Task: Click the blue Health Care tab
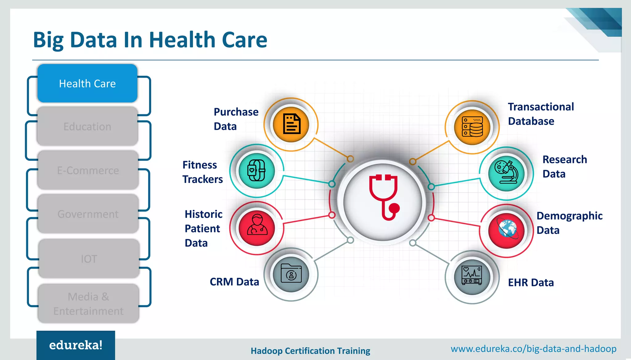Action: click(x=87, y=83)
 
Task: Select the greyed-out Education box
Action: click(x=87, y=127)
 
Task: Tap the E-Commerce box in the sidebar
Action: click(x=88, y=170)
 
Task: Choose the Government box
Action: click(x=88, y=214)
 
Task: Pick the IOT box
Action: click(x=89, y=259)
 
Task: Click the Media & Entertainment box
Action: click(x=88, y=304)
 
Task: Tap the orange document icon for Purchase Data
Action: click(x=291, y=124)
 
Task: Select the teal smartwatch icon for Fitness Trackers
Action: click(x=257, y=171)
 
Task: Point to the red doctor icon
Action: click(x=257, y=228)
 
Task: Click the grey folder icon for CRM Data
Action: click(x=291, y=274)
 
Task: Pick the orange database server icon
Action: click(x=472, y=127)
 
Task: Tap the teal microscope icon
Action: click(x=506, y=173)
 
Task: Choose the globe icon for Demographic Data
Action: click(x=506, y=231)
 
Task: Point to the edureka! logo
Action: click(x=76, y=345)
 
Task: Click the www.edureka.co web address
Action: click(x=533, y=349)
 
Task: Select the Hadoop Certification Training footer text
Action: click(x=310, y=351)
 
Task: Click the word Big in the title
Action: click(x=48, y=40)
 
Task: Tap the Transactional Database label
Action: click(x=541, y=114)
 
